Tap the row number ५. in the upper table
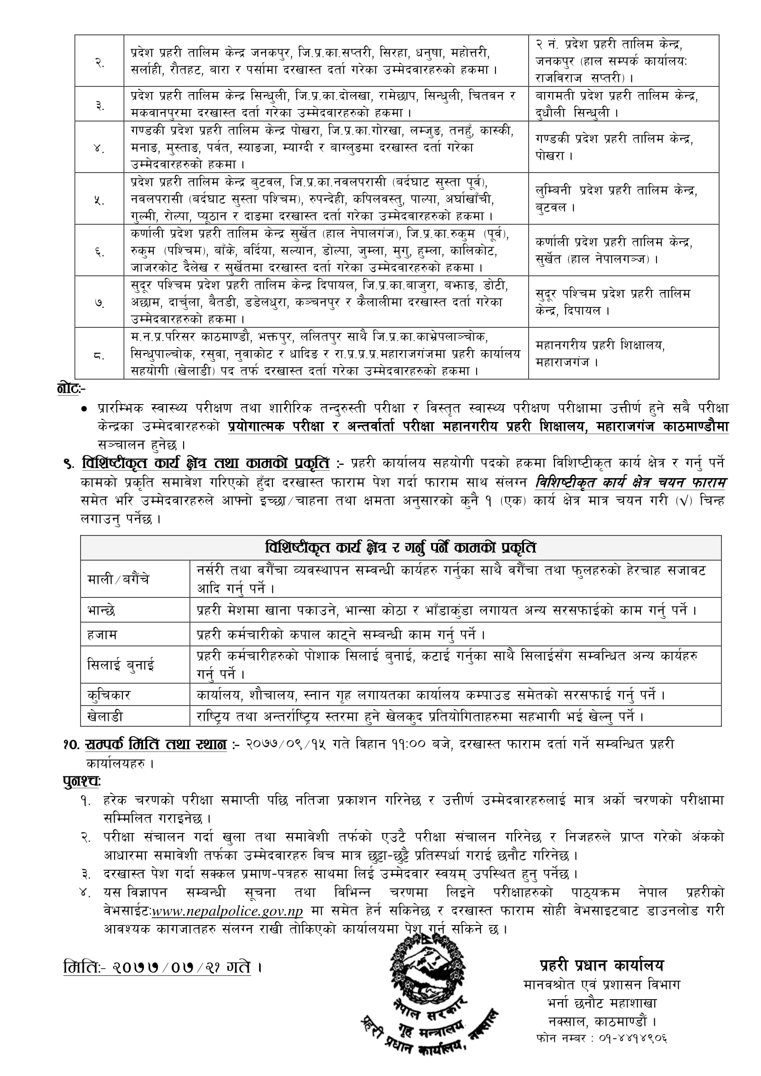pyautogui.click(x=99, y=200)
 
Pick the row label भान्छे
pyautogui.click(x=101, y=611)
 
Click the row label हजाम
pyautogui.click(x=102, y=635)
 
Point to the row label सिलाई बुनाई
pyautogui.click(x=121, y=665)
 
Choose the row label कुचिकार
pyautogui.click(x=109, y=695)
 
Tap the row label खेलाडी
pyautogui.click(x=105, y=717)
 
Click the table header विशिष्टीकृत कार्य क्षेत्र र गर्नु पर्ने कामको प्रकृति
pyautogui.click(x=400, y=548)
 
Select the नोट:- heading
pyautogui.click(x=71, y=388)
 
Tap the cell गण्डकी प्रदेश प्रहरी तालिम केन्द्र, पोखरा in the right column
pyautogui.click(x=614, y=147)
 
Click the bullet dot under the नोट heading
pyautogui.click(x=84, y=409)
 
